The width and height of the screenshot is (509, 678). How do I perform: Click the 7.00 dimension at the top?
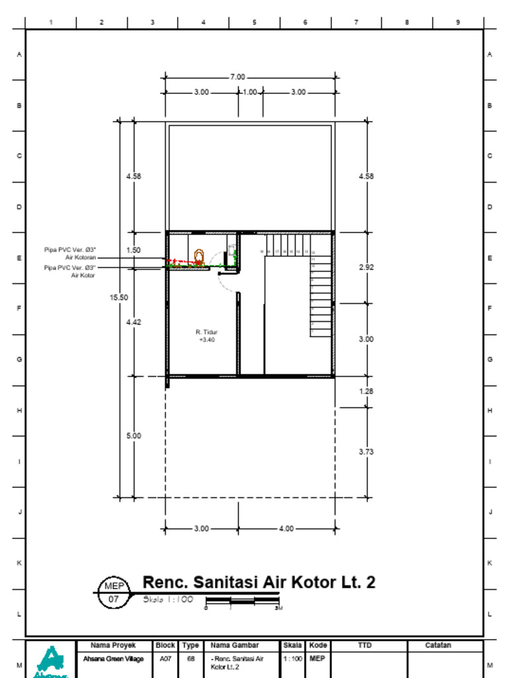(x=237, y=77)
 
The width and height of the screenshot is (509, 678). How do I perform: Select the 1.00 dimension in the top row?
(x=250, y=92)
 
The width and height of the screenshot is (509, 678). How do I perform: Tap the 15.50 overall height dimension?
(x=119, y=297)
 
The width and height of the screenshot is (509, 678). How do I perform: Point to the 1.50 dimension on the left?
(x=133, y=250)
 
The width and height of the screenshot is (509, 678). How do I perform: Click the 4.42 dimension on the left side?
(x=133, y=322)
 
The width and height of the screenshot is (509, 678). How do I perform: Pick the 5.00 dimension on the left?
(x=133, y=436)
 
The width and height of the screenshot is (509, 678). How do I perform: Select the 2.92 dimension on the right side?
(x=366, y=267)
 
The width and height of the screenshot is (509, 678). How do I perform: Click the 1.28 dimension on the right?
(x=366, y=391)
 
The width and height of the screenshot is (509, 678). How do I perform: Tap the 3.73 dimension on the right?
(x=366, y=452)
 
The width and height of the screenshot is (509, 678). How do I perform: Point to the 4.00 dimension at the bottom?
(x=286, y=529)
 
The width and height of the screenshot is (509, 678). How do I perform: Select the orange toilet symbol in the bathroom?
(x=198, y=256)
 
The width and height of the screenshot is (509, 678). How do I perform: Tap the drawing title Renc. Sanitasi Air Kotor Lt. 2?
(x=259, y=583)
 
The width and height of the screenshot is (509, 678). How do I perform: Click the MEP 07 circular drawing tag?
(x=112, y=593)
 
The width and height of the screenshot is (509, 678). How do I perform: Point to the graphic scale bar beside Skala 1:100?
(x=243, y=601)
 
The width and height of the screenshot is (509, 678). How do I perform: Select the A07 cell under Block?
(x=165, y=659)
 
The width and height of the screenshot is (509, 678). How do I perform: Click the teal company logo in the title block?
(x=50, y=659)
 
